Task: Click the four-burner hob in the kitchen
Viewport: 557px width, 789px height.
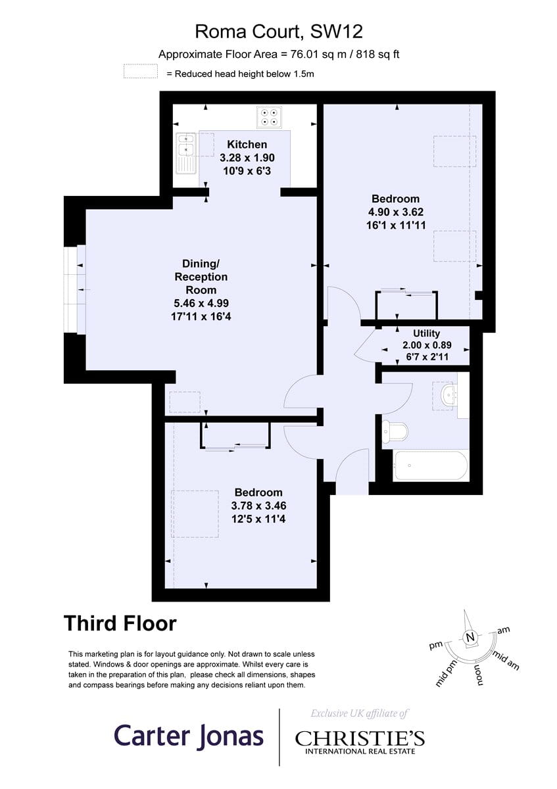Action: [x=269, y=117]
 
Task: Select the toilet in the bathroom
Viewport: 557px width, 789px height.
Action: [x=395, y=431]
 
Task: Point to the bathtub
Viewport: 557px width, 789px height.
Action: [x=431, y=466]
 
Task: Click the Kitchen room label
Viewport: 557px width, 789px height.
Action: [x=247, y=145]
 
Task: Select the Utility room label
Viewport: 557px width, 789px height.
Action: [x=426, y=333]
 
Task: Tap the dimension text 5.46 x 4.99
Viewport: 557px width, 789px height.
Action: [x=201, y=303]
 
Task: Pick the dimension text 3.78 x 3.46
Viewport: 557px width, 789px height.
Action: [x=258, y=506]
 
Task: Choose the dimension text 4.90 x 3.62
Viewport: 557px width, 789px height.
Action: [x=396, y=212]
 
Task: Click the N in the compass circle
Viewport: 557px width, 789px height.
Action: [x=470, y=637]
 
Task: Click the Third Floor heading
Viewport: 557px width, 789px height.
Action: [x=120, y=623]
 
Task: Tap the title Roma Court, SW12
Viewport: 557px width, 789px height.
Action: [x=279, y=32]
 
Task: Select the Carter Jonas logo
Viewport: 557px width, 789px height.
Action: [x=189, y=737]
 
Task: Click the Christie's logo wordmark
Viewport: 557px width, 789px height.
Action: [x=360, y=739]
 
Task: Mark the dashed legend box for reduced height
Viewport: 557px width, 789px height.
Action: [x=141, y=71]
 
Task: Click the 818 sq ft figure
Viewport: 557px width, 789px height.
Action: [x=377, y=55]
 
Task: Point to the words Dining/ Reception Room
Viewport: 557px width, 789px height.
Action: [x=201, y=277]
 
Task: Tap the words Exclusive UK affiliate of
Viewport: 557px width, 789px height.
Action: [x=359, y=713]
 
